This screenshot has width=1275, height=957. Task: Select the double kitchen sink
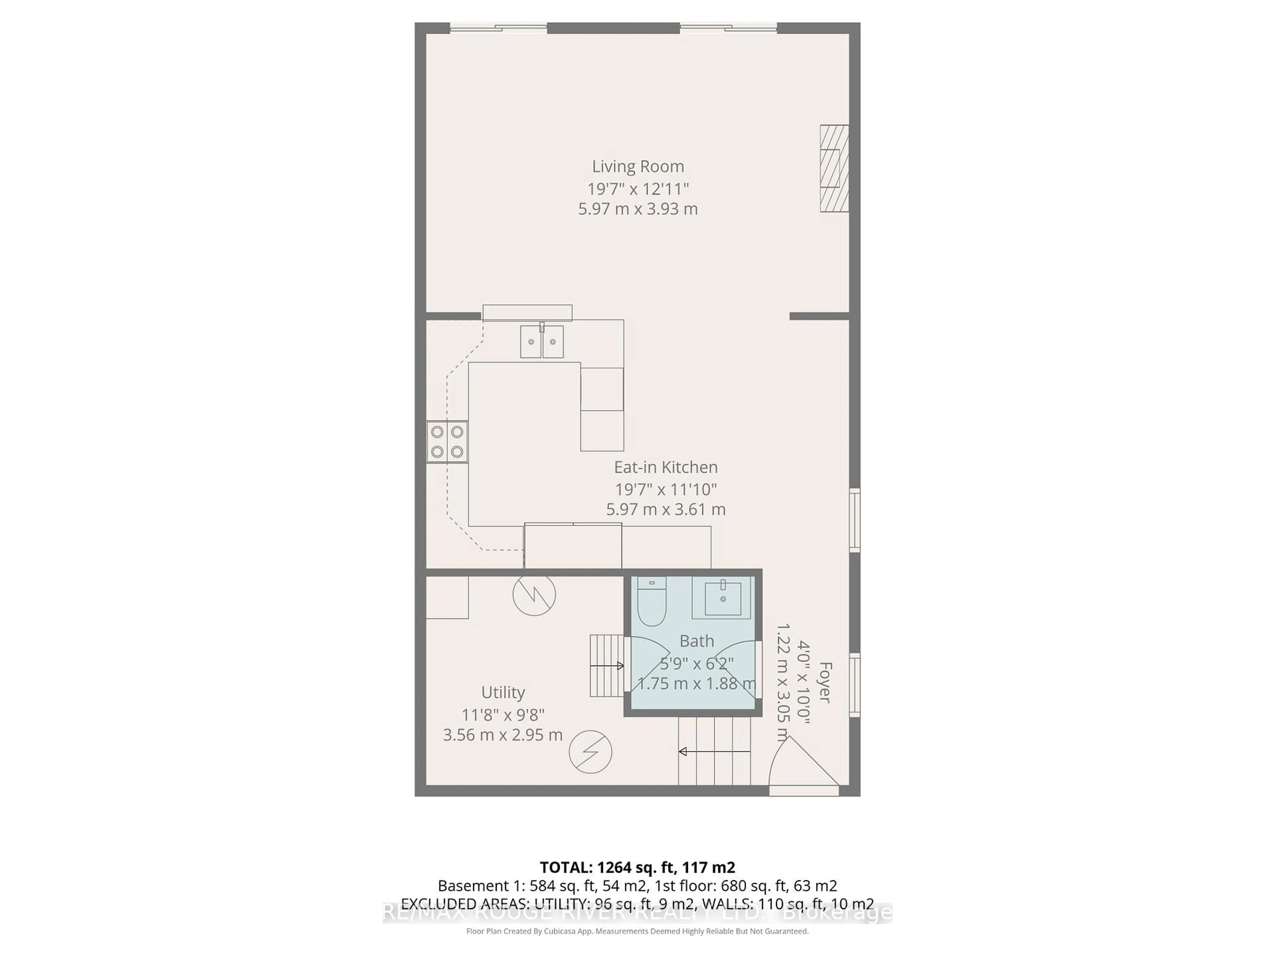[x=542, y=342]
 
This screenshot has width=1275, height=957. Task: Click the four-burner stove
[x=447, y=442]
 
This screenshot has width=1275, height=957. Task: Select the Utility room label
[x=503, y=692]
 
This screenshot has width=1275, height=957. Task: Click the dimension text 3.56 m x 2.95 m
[x=503, y=735]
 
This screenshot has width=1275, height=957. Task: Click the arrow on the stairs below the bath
[x=715, y=752]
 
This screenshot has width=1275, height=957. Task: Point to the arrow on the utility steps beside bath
[x=607, y=666]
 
